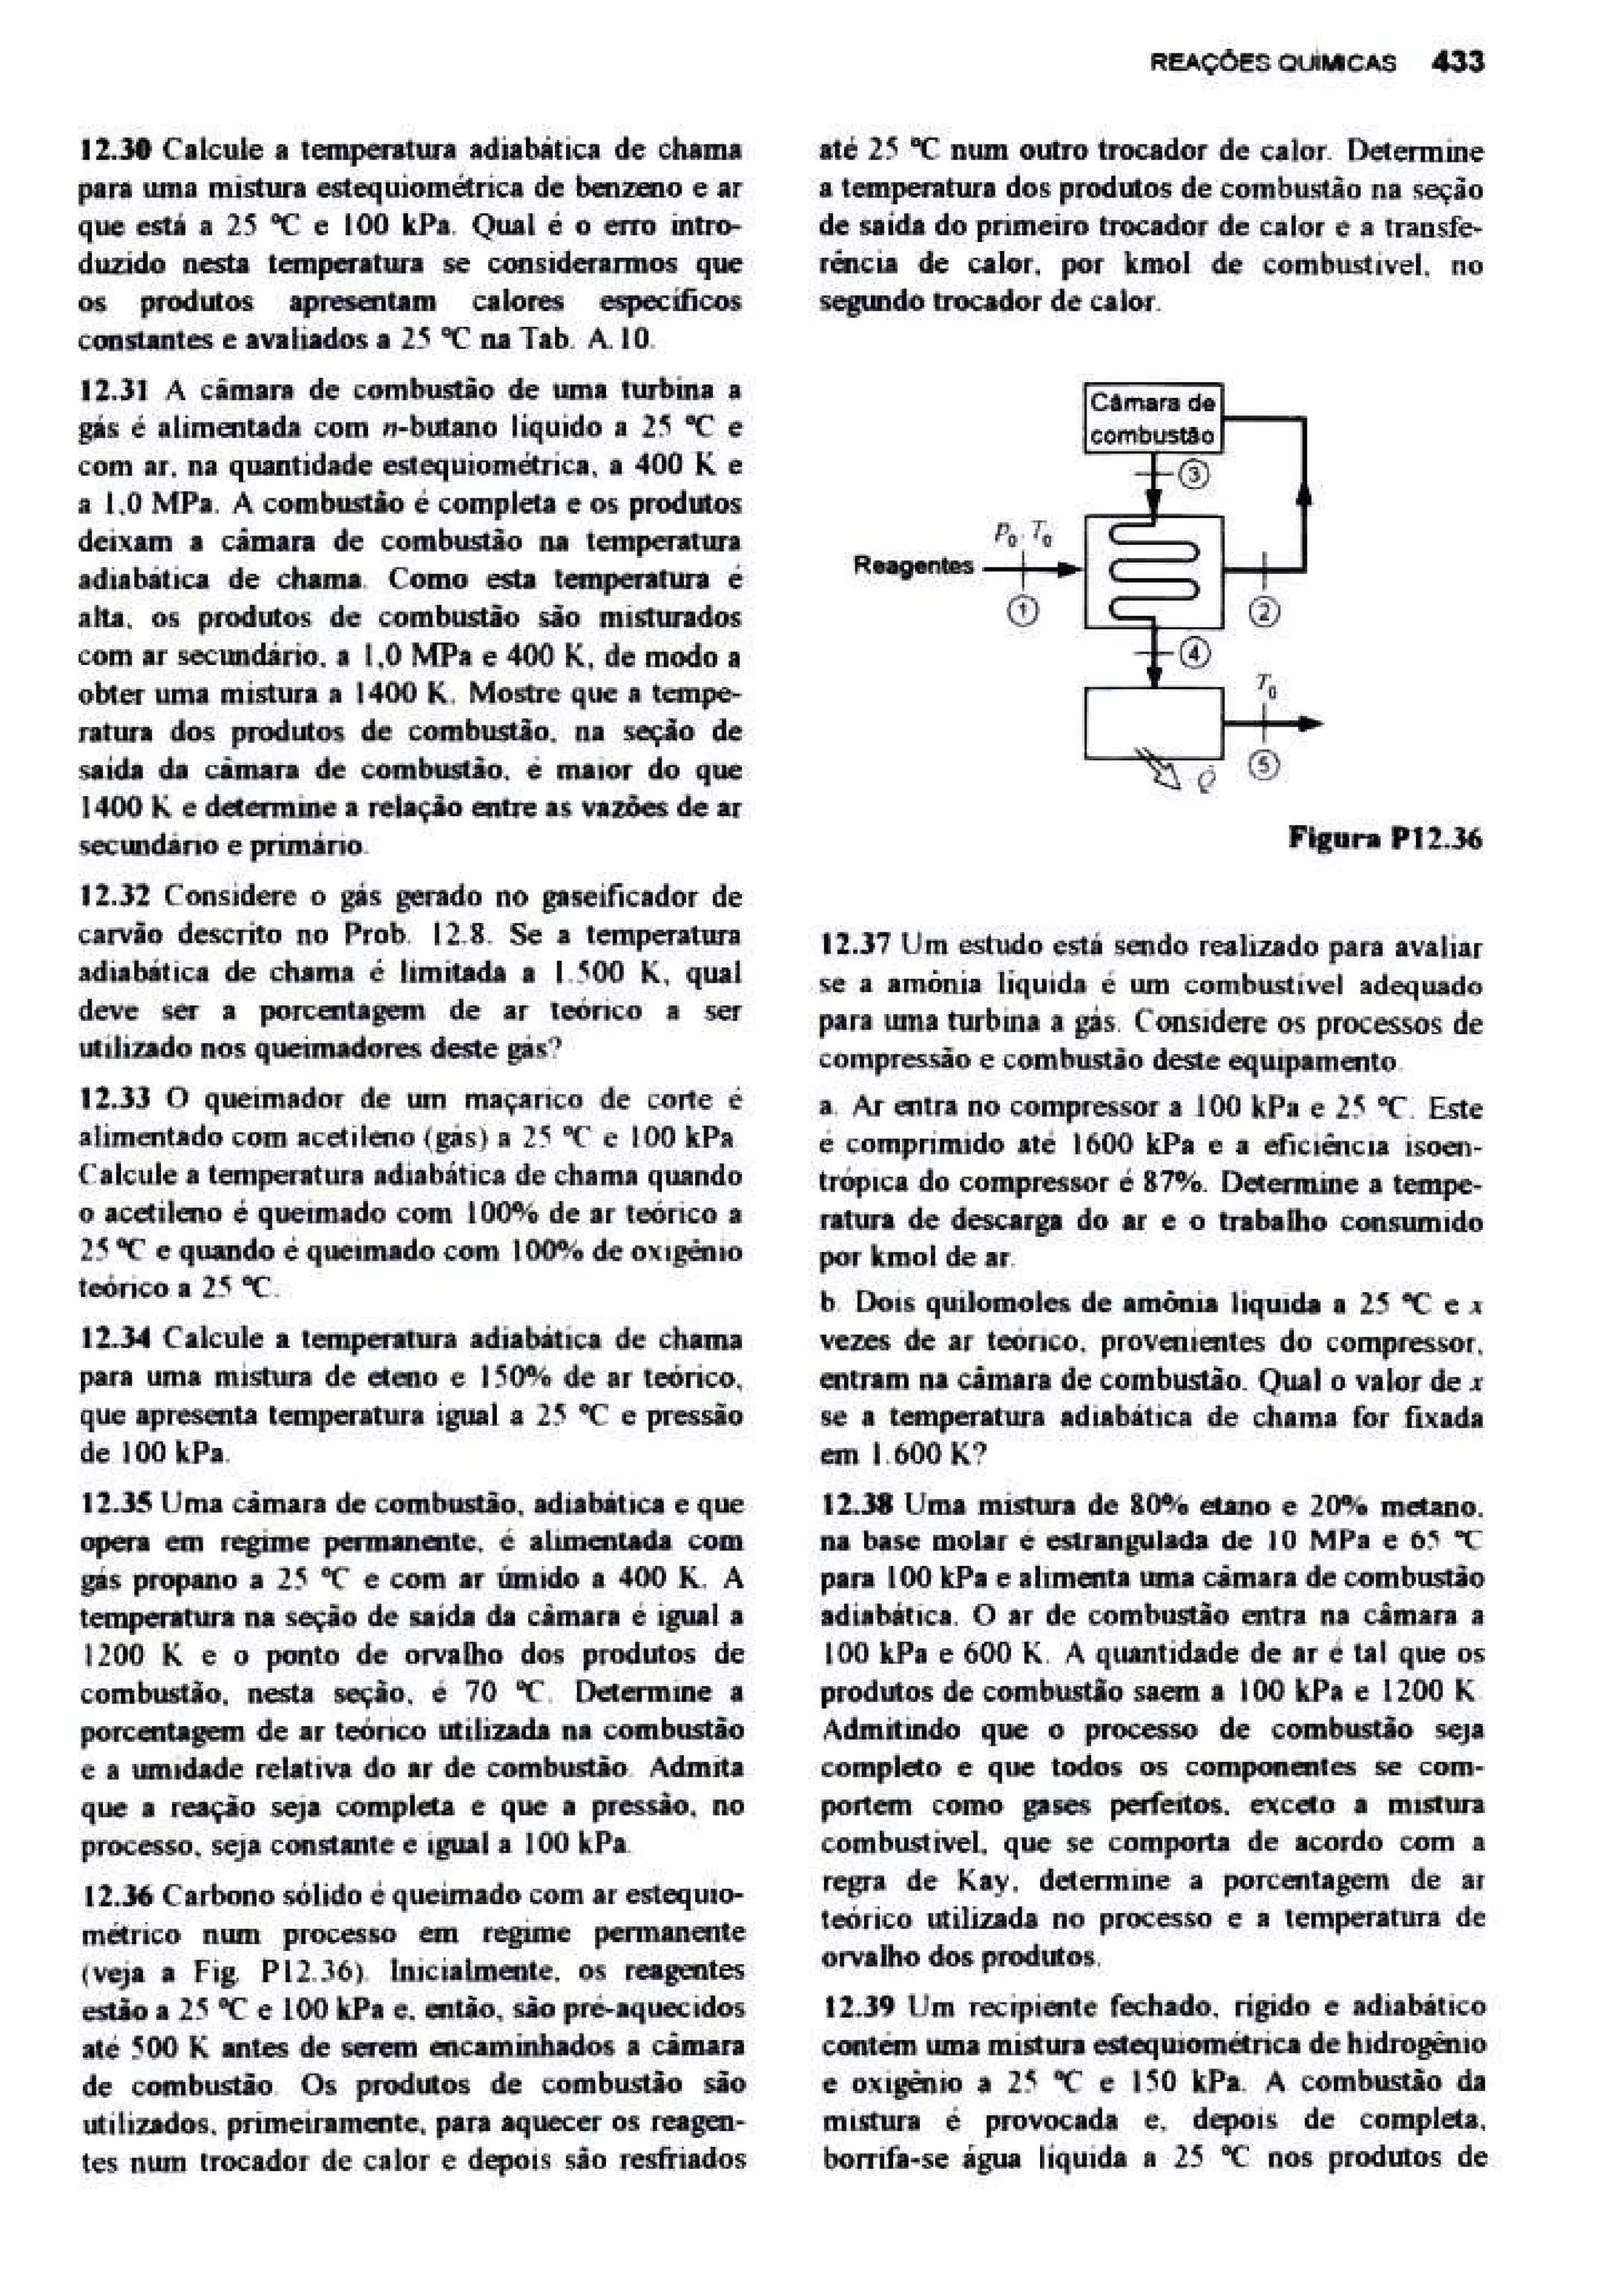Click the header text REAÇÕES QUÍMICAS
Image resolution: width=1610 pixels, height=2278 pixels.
pyautogui.click(x=1273, y=64)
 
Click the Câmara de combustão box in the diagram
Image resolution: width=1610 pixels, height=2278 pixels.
pyautogui.click(x=1152, y=419)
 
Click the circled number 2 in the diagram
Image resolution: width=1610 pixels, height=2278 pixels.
pyautogui.click(x=1264, y=612)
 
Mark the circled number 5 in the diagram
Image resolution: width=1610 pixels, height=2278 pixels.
pyautogui.click(x=1269, y=765)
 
